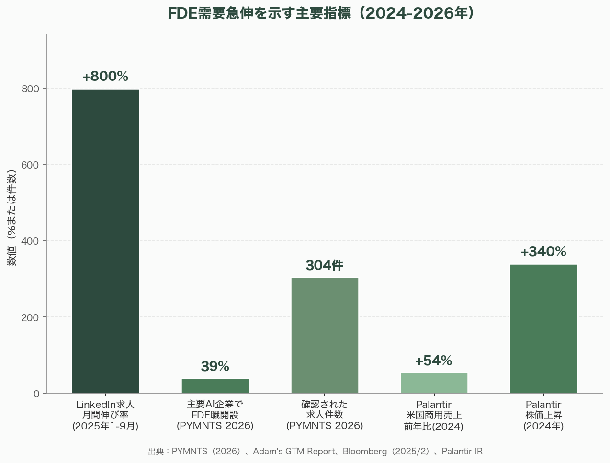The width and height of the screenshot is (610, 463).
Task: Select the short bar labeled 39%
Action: click(215, 386)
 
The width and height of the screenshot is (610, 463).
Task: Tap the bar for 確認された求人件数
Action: click(325, 335)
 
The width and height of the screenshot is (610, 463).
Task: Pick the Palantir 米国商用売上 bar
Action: click(434, 383)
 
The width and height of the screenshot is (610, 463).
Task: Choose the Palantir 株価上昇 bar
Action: click(543, 328)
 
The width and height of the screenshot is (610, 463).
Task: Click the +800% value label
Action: click(105, 77)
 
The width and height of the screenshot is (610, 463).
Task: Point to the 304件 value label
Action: click(325, 265)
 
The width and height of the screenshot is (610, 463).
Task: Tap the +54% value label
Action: click(433, 361)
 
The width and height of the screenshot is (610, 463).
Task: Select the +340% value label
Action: click(543, 252)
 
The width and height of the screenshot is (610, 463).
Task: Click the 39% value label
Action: click(215, 367)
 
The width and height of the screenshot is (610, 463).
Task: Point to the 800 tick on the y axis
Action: click(31, 89)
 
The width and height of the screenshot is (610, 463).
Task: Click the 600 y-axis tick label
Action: click(31, 165)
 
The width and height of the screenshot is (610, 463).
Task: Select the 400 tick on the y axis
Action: click(31, 241)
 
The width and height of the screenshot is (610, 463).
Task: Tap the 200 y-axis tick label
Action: click(31, 317)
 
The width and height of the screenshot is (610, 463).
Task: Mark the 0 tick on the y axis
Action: click(36, 394)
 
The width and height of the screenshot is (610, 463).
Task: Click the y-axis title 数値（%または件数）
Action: click(12, 218)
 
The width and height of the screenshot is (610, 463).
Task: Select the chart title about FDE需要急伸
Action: click(320, 13)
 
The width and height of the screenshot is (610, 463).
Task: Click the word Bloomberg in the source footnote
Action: click(364, 452)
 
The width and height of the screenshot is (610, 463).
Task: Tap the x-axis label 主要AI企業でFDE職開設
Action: click(215, 415)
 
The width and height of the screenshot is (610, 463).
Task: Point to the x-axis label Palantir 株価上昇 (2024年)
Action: click(543, 415)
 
